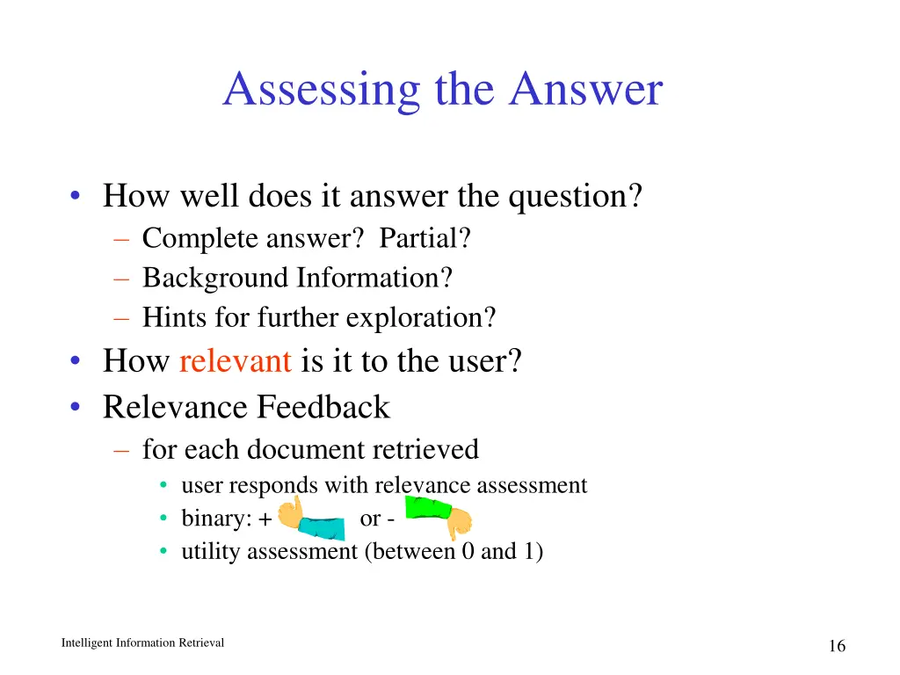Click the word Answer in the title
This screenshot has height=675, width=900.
pos(585,91)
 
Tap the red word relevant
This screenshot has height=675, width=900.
pos(235,360)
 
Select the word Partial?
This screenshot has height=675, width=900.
pos(425,238)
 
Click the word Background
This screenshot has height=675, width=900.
pos(215,278)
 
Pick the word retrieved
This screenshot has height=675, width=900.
pos(425,449)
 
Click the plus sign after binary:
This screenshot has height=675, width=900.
pos(265,519)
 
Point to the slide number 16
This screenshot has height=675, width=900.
pos(837,647)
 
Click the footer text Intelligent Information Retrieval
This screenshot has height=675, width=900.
pos(142,643)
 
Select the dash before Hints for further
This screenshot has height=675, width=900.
pos(121,317)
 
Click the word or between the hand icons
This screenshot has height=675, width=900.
pos(370,519)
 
